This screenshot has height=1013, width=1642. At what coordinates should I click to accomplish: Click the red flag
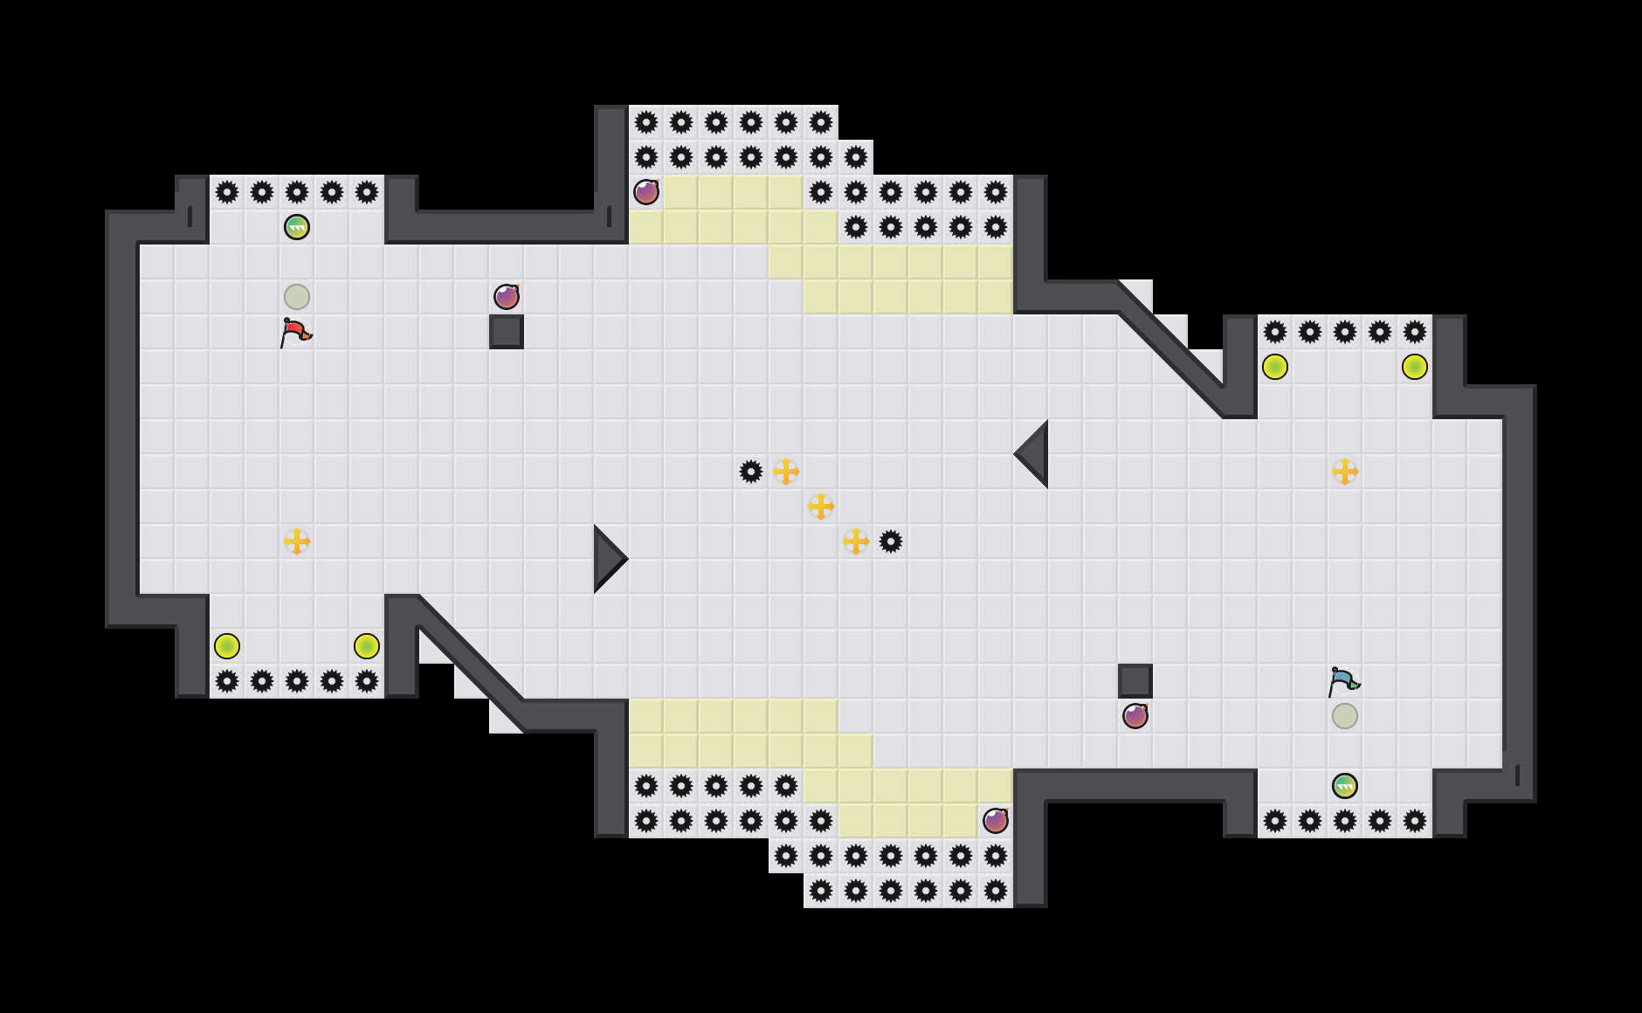[x=295, y=333]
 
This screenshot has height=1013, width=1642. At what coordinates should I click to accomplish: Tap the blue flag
[x=1343, y=682]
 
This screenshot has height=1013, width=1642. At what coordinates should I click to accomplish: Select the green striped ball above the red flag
[x=297, y=227]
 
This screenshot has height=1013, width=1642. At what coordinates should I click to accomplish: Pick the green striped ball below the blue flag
[x=1345, y=786]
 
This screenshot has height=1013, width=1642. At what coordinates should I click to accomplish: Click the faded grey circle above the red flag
[x=297, y=297]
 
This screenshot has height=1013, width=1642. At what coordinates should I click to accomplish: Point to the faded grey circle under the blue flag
[x=1345, y=716]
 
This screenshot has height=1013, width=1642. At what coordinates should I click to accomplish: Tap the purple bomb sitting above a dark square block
[x=507, y=297]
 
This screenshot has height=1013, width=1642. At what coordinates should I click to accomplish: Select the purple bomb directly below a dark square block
[x=1135, y=716]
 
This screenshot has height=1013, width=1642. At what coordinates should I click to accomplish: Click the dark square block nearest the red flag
[x=507, y=332]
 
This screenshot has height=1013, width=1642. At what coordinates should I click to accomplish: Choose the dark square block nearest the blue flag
[x=1135, y=681]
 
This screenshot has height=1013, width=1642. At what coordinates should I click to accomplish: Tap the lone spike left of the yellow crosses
[x=751, y=472]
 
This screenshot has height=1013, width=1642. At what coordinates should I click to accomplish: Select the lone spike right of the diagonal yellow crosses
[x=891, y=541]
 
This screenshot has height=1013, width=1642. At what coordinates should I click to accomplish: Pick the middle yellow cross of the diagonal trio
[x=821, y=507]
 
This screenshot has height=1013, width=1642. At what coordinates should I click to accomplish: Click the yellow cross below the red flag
[x=297, y=541]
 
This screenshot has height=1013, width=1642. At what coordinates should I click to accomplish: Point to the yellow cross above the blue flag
[x=1345, y=472]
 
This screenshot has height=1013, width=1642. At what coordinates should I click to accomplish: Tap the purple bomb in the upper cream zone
[x=646, y=192]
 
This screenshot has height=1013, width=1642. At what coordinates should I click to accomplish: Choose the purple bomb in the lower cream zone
[x=996, y=821]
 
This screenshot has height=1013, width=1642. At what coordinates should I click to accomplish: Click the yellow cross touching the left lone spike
[x=786, y=472]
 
